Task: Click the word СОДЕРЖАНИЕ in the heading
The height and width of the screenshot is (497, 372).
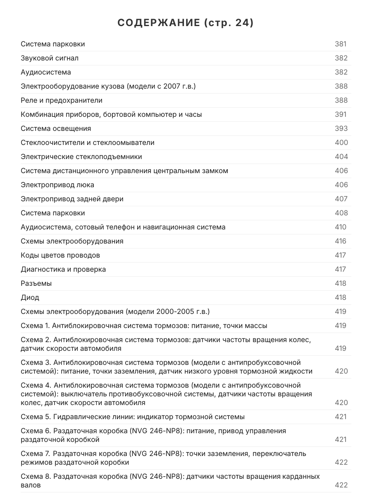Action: [158, 23]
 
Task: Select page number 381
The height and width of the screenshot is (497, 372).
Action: [341, 44]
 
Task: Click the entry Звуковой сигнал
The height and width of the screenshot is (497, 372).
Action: [50, 58]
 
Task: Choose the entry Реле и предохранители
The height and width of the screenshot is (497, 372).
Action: [62, 100]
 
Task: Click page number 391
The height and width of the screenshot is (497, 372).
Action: [341, 114]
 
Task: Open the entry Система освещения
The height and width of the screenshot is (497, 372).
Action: [56, 128]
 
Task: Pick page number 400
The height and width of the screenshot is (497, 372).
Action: [341, 142]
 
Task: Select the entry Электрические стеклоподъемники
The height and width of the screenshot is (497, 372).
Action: [81, 157]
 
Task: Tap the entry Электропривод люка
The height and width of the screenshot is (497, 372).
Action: [57, 185]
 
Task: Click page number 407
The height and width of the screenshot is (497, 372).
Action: [341, 199]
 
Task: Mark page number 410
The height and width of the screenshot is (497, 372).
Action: [341, 227]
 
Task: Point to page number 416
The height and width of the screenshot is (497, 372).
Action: [341, 241]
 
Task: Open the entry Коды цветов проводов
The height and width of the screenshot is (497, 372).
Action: [60, 255]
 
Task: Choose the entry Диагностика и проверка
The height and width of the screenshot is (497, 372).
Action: [63, 269]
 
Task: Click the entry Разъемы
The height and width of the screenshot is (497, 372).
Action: [36, 283]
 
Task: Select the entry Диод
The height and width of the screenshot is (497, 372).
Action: [30, 297]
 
